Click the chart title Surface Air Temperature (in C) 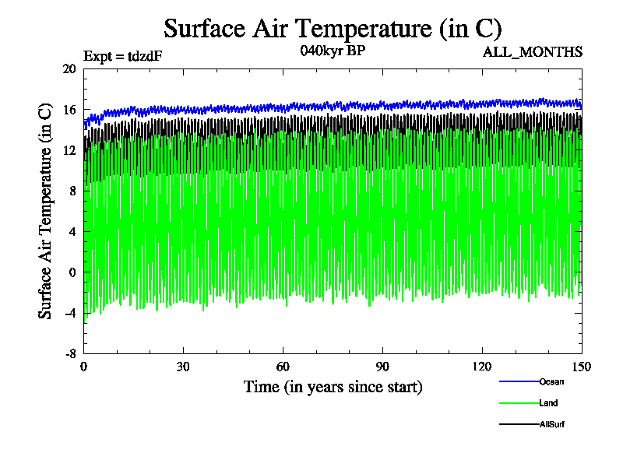(332, 29)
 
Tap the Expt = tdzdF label (123, 55)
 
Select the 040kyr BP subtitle (333, 52)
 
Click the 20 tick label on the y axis (69, 68)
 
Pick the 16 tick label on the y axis (69, 110)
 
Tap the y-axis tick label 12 (69, 150)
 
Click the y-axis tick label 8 (72, 191)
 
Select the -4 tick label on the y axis (69, 313)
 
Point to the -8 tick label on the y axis (69, 353)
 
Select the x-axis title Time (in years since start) (333, 387)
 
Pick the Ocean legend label (551, 381)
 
